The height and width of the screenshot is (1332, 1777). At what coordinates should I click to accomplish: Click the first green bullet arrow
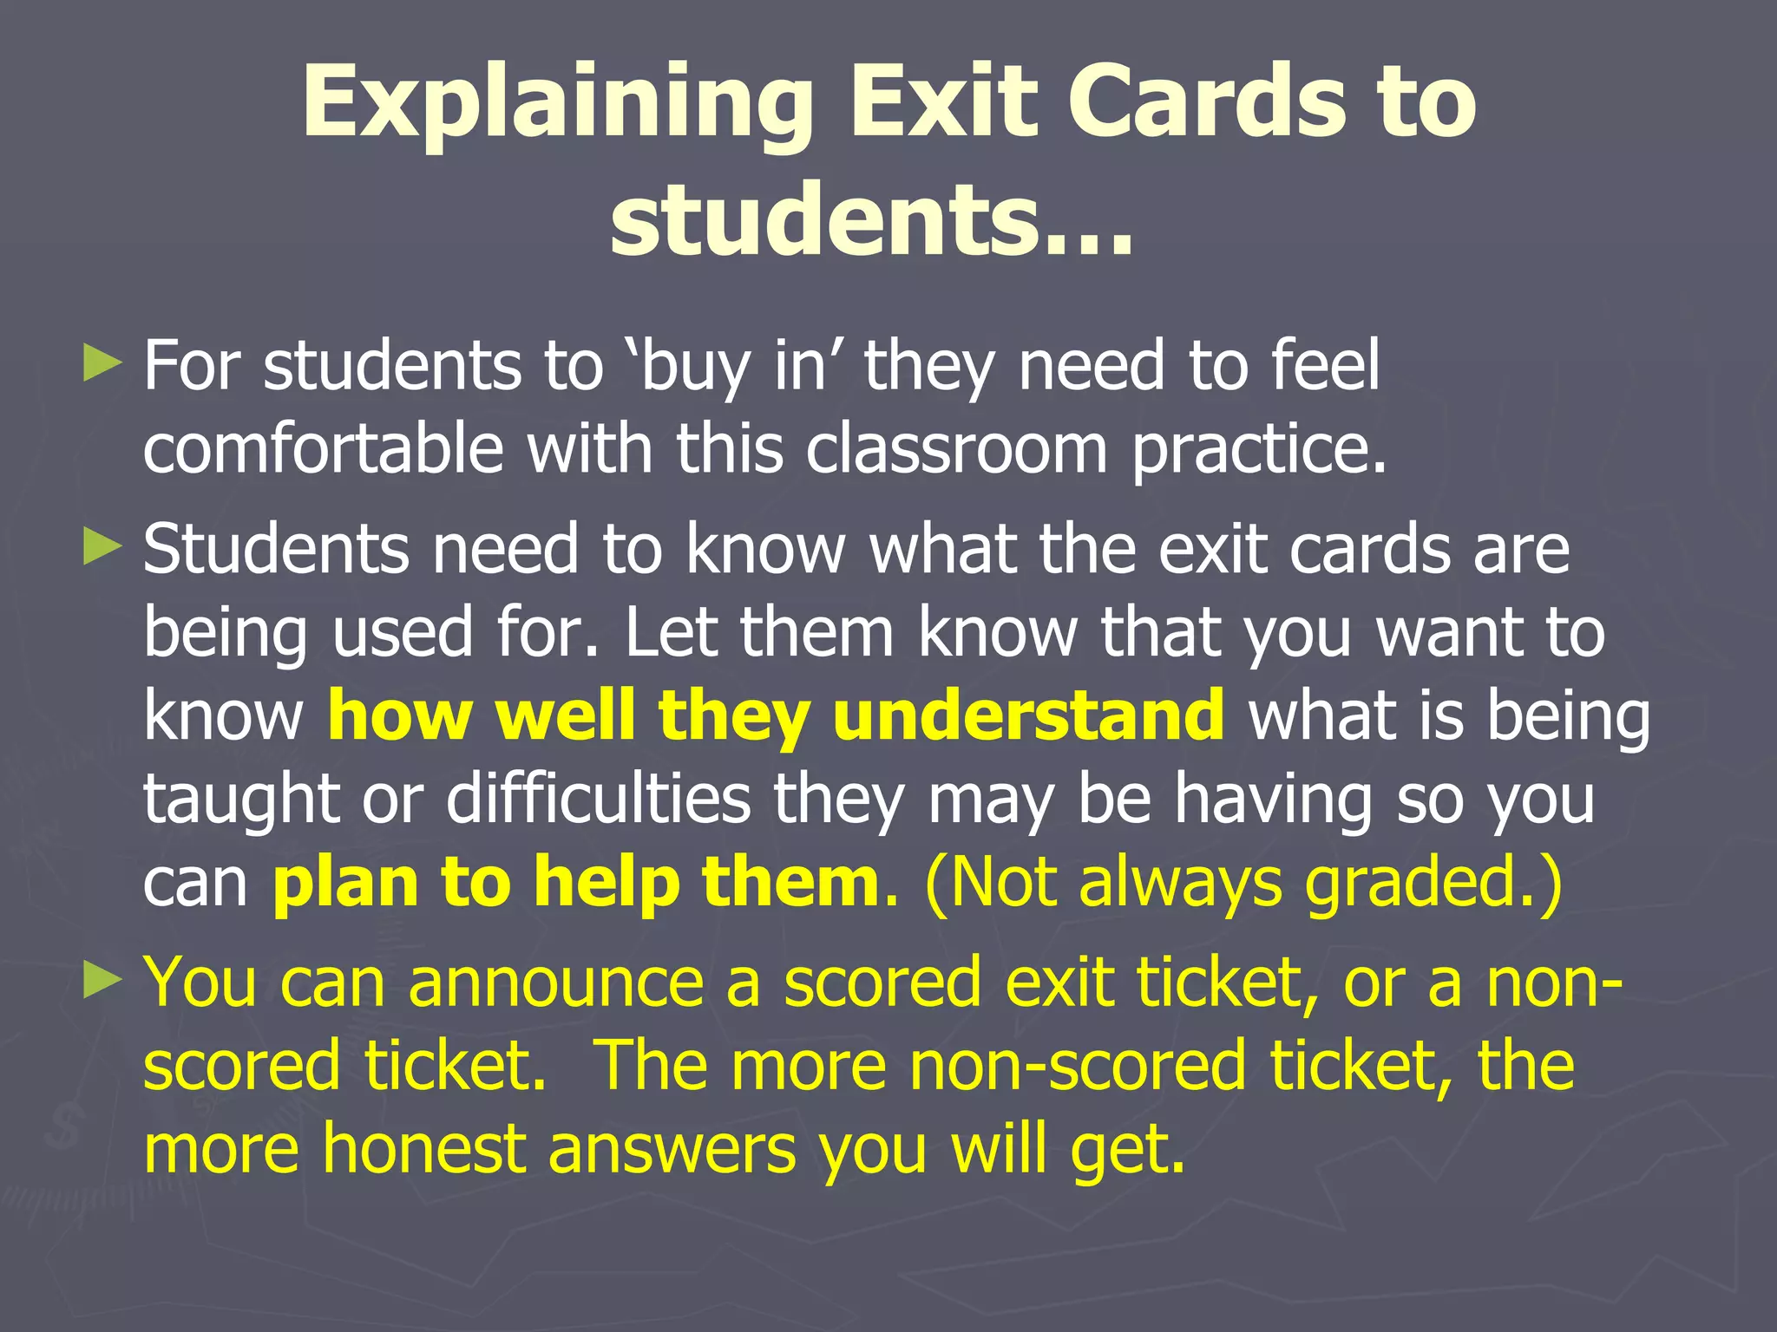click(103, 364)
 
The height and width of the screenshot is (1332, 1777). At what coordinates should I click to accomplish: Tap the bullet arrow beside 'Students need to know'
click(103, 548)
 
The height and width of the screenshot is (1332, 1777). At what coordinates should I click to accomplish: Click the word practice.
click(1258, 450)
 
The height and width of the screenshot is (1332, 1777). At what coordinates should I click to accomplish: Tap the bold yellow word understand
click(1028, 715)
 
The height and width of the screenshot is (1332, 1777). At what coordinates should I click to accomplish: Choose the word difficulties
click(598, 798)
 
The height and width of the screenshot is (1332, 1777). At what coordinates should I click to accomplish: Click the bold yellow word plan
click(346, 883)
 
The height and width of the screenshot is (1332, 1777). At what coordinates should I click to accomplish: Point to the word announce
click(555, 983)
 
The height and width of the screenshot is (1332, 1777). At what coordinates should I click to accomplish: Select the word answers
click(672, 1149)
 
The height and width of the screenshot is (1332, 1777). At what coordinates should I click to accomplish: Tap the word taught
click(241, 798)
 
